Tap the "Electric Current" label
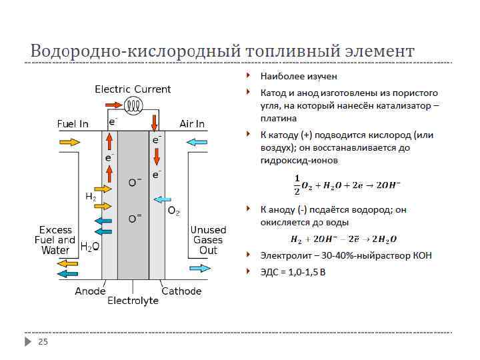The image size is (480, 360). point(133,89)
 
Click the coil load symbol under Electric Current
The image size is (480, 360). point(135,105)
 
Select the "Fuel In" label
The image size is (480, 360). point(73,124)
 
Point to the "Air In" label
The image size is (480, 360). point(192,124)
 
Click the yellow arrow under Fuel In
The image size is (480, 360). point(69,142)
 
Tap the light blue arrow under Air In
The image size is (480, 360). point(197,142)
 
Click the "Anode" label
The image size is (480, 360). point(91,291)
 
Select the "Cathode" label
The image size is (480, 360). point(181,291)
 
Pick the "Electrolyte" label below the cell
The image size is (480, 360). point(133,301)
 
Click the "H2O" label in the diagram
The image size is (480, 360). point(90,247)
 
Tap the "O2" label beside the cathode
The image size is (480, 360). point(173,211)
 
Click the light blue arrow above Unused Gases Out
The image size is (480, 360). point(199,268)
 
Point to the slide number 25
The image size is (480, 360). point(43,342)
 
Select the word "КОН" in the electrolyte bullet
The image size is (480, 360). point(422,255)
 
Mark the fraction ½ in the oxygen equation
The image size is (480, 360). point(297,181)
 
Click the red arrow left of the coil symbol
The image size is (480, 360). point(114,105)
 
